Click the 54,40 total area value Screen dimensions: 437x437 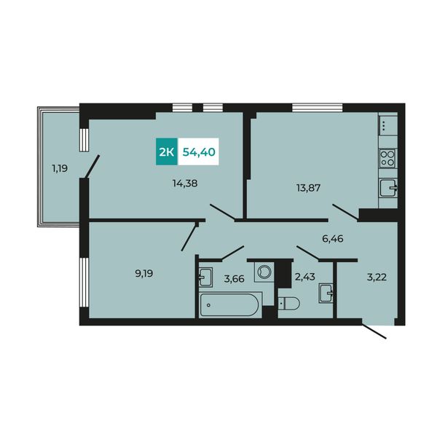point(199,152)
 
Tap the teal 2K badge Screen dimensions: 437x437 point(167,151)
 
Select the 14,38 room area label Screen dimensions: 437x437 point(185,184)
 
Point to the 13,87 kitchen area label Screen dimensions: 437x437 point(308,188)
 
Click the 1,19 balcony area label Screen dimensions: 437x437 point(60,169)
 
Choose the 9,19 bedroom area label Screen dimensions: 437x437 point(144,274)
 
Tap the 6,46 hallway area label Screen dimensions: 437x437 point(333,239)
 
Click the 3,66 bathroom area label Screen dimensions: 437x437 point(234,279)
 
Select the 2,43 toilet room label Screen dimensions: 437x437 point(305,277)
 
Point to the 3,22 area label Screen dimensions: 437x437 point(377,277)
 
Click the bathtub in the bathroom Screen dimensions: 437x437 point(230,305)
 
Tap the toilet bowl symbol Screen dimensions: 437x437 point(289,303)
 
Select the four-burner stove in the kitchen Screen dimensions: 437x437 point(387,158)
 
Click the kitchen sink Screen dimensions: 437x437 point(388,188)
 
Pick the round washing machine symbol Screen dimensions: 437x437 point(264,272)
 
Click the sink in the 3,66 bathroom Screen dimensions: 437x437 point(205,277)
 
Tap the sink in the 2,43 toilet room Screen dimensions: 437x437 point(326,294)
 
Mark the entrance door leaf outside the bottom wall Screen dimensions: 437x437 point(374,331)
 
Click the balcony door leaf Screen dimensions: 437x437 point(92,166)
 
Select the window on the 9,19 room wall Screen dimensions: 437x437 point(84,283)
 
